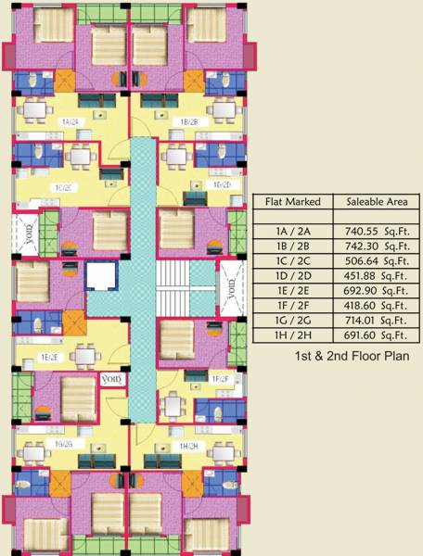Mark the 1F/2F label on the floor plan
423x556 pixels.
[220, 379]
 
